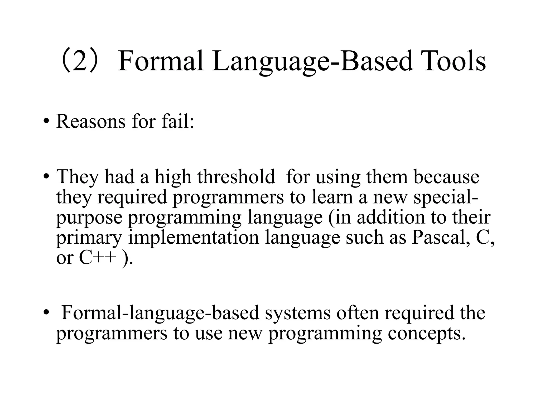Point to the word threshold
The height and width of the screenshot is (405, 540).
tap(236, 176)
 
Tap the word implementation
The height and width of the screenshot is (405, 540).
tap(194, 237)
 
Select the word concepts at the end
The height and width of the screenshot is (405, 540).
tap(427, 333)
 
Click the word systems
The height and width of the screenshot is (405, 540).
tap(298, 313)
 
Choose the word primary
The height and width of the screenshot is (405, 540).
tap(89, 237)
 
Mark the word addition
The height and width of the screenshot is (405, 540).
tap(391, 217)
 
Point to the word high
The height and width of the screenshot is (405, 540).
tap(173, 176)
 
